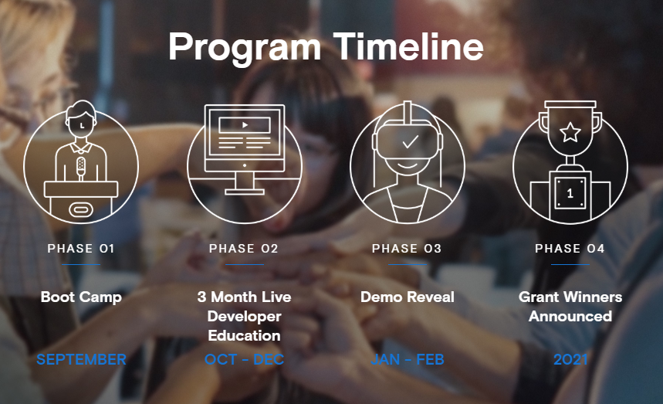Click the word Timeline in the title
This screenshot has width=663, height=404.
408,47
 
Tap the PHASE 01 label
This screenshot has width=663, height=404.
81,248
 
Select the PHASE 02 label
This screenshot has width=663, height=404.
244,248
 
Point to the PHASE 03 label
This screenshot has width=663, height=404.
407,248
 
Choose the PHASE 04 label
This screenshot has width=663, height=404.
570,248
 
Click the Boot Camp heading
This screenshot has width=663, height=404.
81,297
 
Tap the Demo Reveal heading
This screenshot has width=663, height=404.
408,297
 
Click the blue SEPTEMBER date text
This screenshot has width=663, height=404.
81,359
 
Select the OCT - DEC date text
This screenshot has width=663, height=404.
244,359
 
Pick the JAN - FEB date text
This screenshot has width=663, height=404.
408,359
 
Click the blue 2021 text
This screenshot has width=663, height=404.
570,359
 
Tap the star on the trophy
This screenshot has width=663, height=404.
570,132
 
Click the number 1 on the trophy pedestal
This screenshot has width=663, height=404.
570,193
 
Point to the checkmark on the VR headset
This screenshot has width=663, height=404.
410,141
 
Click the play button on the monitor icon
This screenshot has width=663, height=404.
245,125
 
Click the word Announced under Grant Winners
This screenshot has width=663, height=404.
570,316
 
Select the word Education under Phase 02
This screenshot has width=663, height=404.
245,335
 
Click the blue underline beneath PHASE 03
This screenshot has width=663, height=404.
408,264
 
